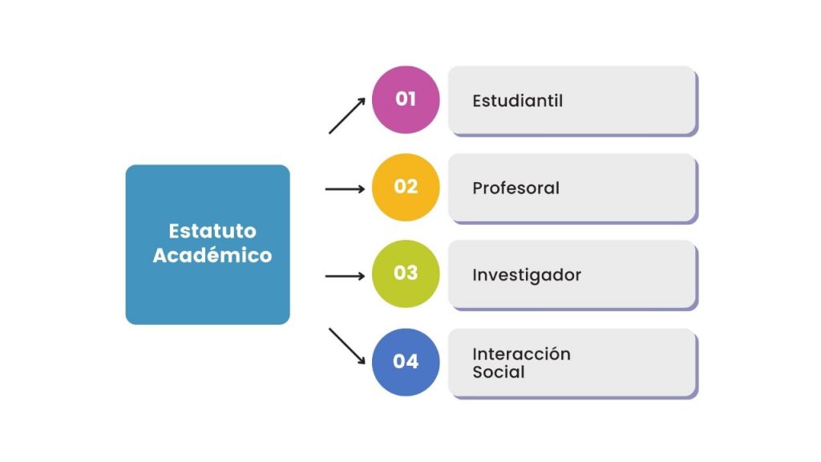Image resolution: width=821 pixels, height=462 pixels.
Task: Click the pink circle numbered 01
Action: tap(406, 99)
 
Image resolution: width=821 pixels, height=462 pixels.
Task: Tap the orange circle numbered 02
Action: tap(406, 187)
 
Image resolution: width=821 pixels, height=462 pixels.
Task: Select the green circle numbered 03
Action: tap(406, 274)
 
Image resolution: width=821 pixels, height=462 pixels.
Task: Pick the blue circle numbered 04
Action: tap(406, 362)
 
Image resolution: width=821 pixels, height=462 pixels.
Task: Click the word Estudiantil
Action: tap(517, 100)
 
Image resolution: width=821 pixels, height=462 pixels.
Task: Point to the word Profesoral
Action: tap(516, 188)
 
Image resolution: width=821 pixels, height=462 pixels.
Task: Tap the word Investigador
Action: tap(527, 276)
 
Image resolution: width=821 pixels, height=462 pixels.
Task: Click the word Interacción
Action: tap(521, 354)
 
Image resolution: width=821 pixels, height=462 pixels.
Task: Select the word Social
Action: tap(499, 372)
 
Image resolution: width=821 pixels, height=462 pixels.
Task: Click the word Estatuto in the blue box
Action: tap(212, 231)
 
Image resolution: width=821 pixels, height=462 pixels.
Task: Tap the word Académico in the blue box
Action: tap(212, 255)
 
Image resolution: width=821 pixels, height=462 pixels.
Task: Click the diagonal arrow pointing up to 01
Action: tap(346, 115)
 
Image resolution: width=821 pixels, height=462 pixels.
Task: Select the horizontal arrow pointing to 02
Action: tap(345, 189)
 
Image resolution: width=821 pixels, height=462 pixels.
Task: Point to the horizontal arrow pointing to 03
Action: tap(345, 276)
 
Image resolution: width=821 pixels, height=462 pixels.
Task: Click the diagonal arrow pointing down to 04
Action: tap(346, 346)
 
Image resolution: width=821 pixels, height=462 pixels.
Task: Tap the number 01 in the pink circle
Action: tap(406, 99)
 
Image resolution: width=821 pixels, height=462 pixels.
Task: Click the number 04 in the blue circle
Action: tap(406, 362)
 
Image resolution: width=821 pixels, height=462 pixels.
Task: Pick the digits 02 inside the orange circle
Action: tap(406, 186)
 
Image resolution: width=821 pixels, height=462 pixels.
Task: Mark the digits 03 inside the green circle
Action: tap(406, 273)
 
